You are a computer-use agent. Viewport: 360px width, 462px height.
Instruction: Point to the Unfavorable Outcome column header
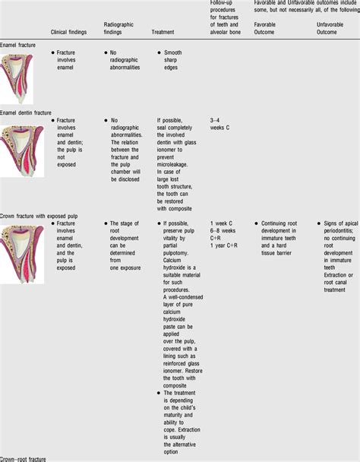[333, 29]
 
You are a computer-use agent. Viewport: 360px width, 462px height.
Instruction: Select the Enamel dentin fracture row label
[27, 112]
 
